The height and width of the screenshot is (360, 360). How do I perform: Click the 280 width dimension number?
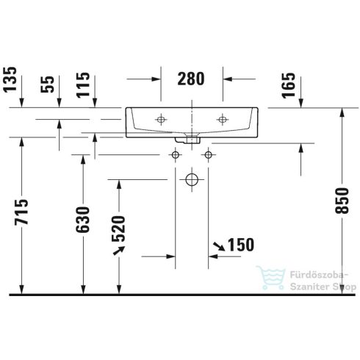click(190, 78)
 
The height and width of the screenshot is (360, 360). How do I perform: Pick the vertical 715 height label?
click(23, 215)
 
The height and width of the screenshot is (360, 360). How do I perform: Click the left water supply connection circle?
click(175, 154)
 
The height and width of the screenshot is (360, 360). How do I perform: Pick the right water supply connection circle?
click(209, 154)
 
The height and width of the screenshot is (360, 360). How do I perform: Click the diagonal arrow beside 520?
click(118, 252)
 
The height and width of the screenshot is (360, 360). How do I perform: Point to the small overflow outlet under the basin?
click(192, 137)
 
